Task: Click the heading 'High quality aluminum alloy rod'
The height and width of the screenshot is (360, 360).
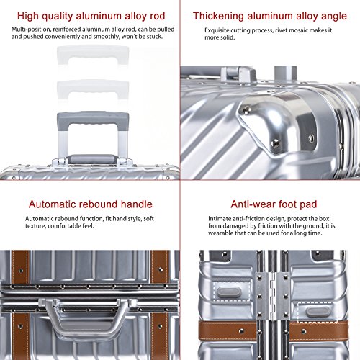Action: pyautogui.click(x=91, y=17)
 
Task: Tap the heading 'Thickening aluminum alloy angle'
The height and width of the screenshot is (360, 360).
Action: pyautogui.click(x=270, y=17)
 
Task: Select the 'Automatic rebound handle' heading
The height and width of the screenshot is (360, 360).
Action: pyautogui.click(x=91, y=204)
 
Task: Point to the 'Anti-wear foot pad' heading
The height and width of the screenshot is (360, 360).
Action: pyautogui.click(x=274, y=204)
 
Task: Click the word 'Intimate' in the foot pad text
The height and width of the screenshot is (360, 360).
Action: pyautogui.click(x=220, y=219)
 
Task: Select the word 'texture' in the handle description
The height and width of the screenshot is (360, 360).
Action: pyautogui.click(x=35, y=226)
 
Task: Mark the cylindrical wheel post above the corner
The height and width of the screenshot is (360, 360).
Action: pyautogui.click(x=285, y=73)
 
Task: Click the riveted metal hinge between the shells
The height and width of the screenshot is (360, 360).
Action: pyautogui.click(x=272, y=296)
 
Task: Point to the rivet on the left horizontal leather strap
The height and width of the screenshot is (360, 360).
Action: pyautogui.click(x=241, y=331)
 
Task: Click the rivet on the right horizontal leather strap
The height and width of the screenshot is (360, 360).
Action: pyautogui.click(x=304, y=332)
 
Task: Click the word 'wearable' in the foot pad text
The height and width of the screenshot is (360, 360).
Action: pyautogui.click(x=220, y=233)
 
